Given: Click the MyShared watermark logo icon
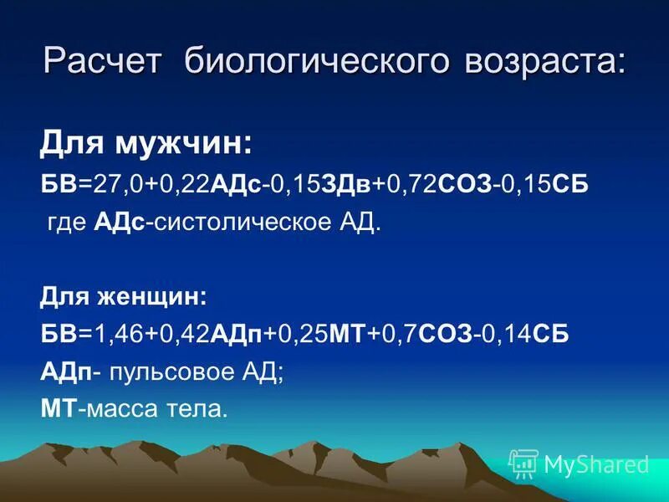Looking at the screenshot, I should pos(524,463).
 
